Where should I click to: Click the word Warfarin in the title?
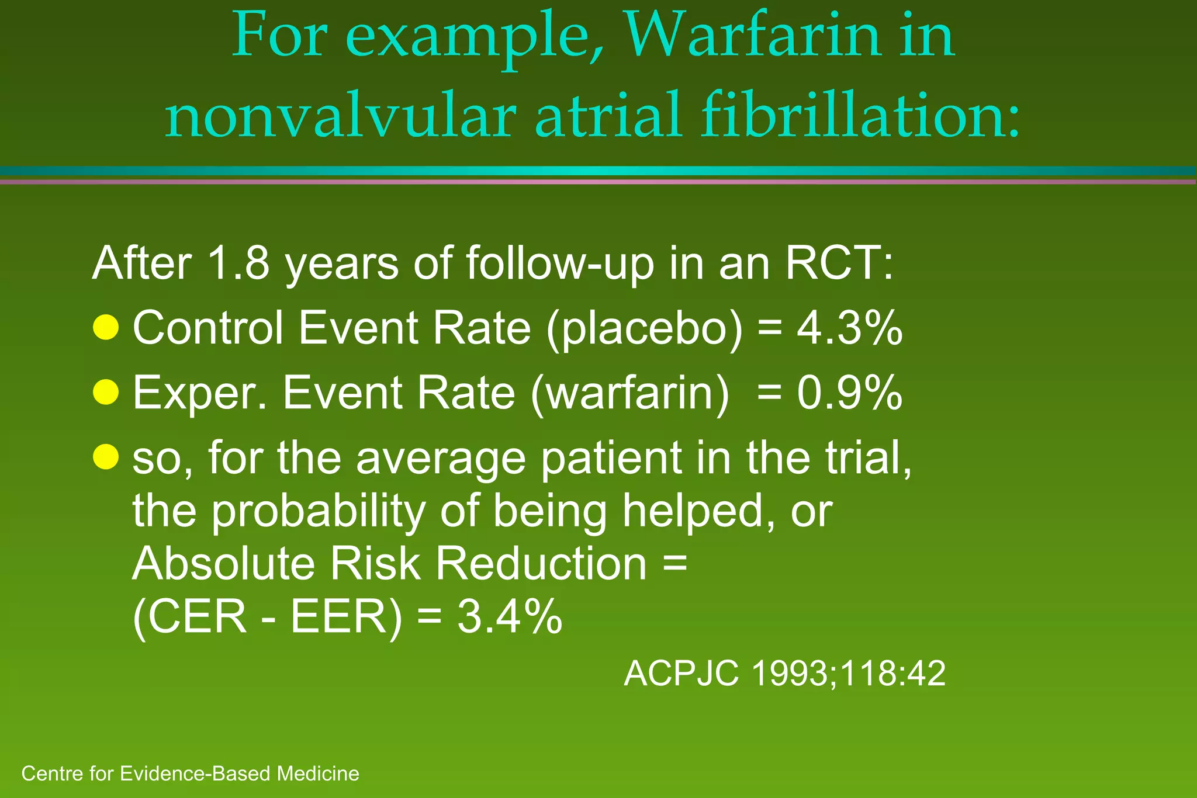pyautogui.click(x=753, y=36)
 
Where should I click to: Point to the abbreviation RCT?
pyautogui.click(x=838, y=263)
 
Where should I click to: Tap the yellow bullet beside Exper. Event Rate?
pyautogui.click(x=106, y=392)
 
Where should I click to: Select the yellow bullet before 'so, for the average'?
pyautogui.click(x=106, y=457)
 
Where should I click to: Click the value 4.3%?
pyautogui.click(x=849, y=328)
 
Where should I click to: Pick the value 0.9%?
pyautogui.click(x=849, y=393)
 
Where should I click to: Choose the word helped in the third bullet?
pyautogui.click(x=693, y=510)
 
